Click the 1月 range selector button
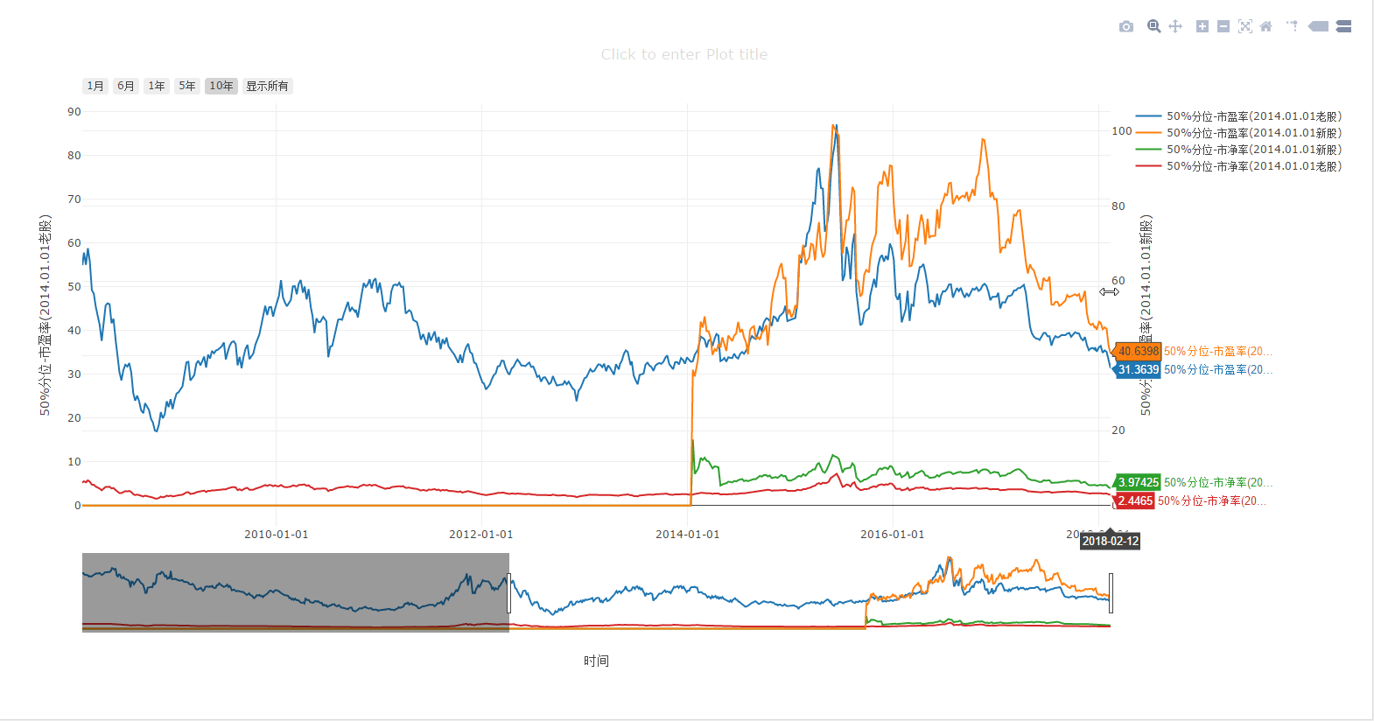[95, 86]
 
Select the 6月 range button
[126, 86]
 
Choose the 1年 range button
[157, 86]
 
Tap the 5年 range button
[187, 86]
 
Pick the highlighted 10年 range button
[221, 86]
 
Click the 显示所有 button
[267, 86]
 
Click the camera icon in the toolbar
[1126, 26]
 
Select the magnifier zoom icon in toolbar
[1154, 26]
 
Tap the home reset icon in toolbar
[1265, 26]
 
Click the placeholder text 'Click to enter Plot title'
[684, 54]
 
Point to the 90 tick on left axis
[74, 112]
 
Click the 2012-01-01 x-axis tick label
[481, 535]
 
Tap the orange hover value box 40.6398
[1138, 352]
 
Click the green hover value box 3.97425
[1138, 483]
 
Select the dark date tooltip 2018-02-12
[1111, 542]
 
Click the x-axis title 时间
[596, 661]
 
